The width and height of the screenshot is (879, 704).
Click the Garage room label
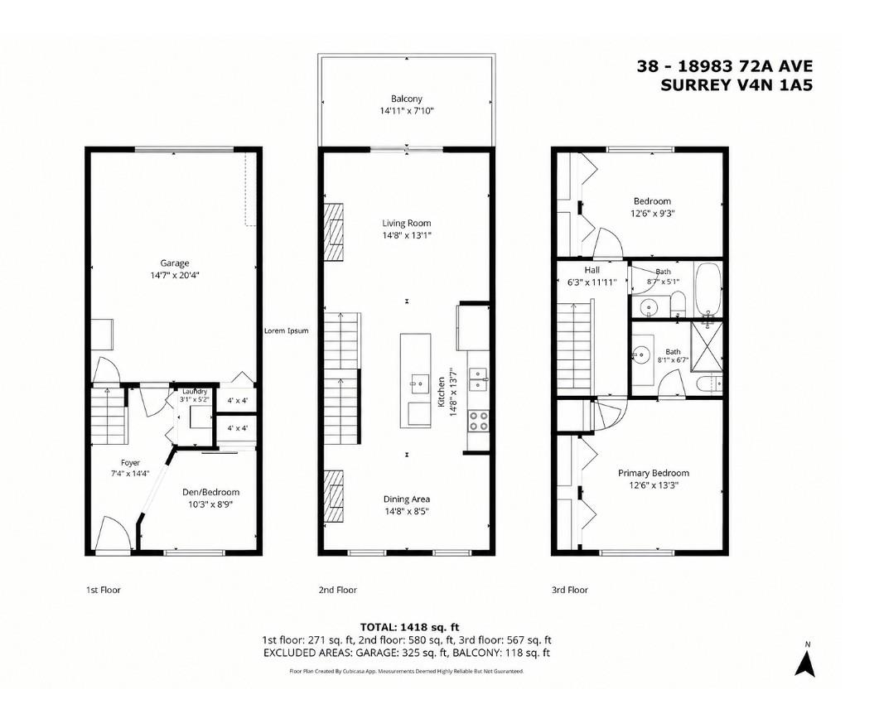pyautogui.click(x=174, y=263)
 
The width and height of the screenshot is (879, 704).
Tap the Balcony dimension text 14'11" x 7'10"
pyautogui.click(x=407, y=111)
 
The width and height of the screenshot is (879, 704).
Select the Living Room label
pyautogui.click(x=407, y=223)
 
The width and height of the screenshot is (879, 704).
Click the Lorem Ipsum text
pyautogui.click(x=286, y=330)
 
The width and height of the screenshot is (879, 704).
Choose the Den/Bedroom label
pyautogui.click(x=210, y=492)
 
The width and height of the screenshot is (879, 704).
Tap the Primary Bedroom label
pyautogui.click(x=654, y=473)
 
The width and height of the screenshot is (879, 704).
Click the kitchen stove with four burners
pyautogui.click(x=478, y=421)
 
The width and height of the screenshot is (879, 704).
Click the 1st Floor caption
pyautogui.click(x=104, y=590)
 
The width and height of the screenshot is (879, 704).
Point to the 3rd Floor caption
pyautogui.click(x=569, y=590)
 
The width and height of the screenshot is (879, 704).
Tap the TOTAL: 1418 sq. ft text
pyautogui.click(x=409, y=627)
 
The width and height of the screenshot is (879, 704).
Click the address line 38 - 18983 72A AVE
pyautogui.click(x=724, y=66)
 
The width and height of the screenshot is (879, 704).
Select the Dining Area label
pyautogui.click(x=407, y=499)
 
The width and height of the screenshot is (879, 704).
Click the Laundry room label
pyautogui.click(x=194, y=391)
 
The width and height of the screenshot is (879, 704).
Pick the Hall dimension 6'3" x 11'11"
pyautogui.click(x=592, y=282)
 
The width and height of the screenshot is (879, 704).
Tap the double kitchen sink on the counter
pyautogui.click(x=478, y=378)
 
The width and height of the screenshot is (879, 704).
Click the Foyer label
pyautogui.click(x=131, y=463)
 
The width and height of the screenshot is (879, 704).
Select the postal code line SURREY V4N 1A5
pyautogui.click(x=737, y=85)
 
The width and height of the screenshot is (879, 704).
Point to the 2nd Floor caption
pyautogui.click(x=337, y=590)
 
